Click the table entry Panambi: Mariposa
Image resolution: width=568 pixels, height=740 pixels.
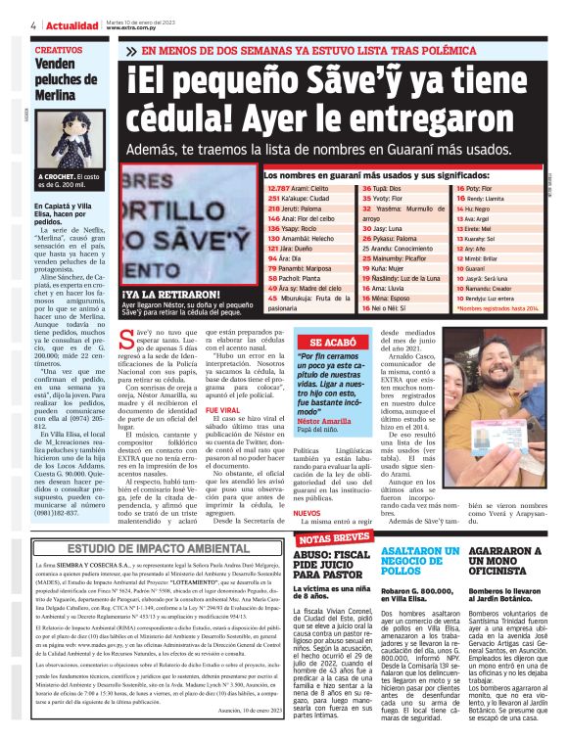click(x=305, y=267)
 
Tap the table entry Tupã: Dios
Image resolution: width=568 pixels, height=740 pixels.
click(x=383, y=186)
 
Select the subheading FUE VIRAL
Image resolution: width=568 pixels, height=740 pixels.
click(x=222, y=382)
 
